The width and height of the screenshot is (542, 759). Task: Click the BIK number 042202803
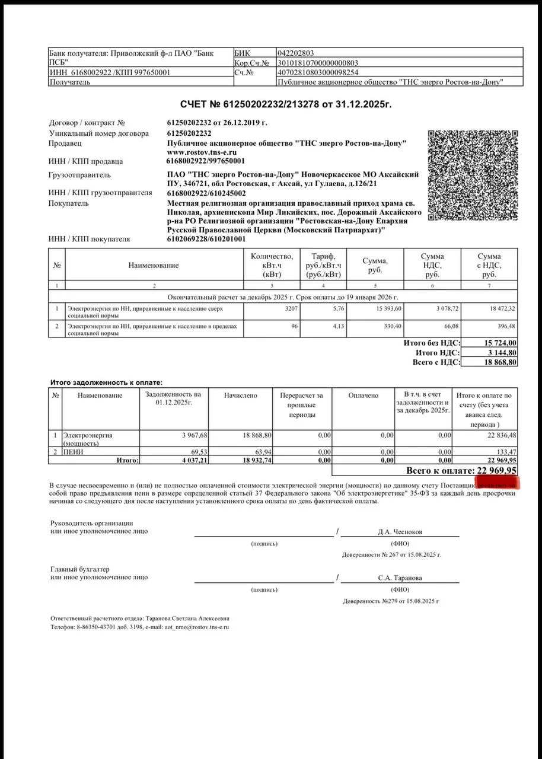pos(301,53)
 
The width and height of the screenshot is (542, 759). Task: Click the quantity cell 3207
pos(290,309)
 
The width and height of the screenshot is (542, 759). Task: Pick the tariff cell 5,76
pos(337,309)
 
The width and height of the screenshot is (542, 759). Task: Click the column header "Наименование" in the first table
pos(154,265)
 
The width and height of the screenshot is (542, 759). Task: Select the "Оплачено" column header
pos(364,395)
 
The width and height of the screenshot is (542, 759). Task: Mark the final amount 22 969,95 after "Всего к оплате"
pos(497,470)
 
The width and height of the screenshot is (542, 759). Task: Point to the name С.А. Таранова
pos(400,578)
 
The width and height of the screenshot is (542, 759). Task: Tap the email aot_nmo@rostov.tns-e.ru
pos(197,627)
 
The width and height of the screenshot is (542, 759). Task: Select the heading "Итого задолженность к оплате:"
pos(106,383)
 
